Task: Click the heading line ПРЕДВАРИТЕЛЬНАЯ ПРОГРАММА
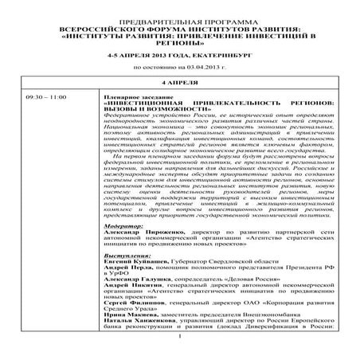click(x=182, y=15)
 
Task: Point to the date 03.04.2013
click(x=202, y=69)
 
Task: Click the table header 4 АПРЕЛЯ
click(x=182, y=83)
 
